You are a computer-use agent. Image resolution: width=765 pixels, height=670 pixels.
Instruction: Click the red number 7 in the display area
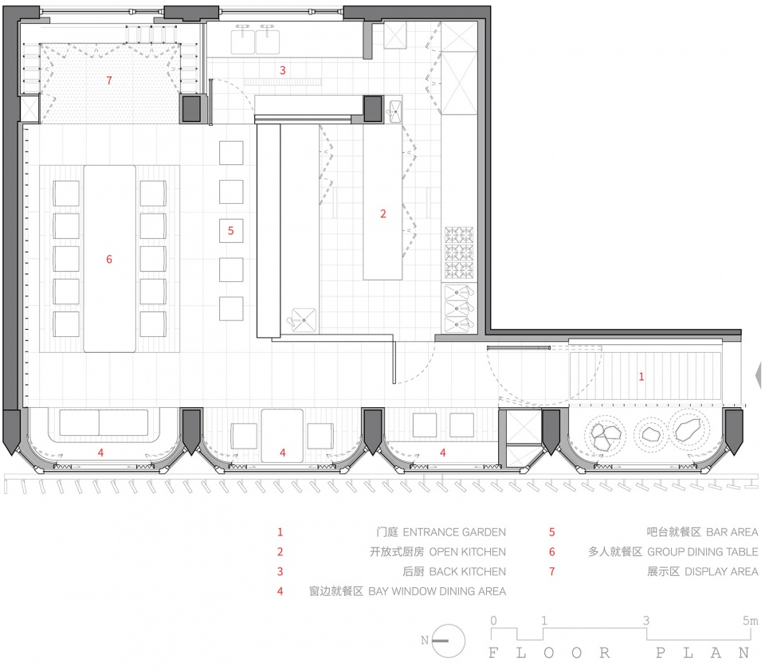click(109, 80)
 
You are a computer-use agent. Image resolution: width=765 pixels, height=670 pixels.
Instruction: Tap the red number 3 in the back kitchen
click(282, 70)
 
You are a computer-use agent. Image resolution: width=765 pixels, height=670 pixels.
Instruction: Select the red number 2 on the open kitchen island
click(383, 214)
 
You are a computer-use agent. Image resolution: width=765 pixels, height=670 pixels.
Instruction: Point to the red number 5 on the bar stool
click(231, 231)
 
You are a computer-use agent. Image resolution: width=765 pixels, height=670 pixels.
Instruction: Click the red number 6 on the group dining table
click(109, 259)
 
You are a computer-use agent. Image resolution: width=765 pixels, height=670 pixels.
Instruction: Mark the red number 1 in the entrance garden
click(641, 377)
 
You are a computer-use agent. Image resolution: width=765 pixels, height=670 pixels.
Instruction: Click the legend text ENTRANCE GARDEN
click(454, 532)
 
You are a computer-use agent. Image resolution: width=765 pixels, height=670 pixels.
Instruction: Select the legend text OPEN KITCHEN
click(468, 552)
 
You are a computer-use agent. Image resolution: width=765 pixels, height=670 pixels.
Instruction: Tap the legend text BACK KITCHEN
click(468, 571)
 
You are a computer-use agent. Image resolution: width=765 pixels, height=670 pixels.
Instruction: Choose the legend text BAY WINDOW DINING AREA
click(437, 591)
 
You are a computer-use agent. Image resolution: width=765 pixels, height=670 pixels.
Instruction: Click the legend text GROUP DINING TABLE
click(703, 552)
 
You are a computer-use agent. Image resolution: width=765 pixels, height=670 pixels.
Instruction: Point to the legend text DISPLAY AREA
click(721, 571)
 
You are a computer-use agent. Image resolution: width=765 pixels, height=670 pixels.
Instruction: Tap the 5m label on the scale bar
click(751, 621)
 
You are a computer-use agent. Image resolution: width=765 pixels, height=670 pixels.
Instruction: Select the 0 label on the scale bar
click(494, 621)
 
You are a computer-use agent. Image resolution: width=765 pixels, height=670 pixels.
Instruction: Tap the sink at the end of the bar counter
click(304, 320)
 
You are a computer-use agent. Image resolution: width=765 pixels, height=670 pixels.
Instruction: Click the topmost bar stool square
click(231, 153)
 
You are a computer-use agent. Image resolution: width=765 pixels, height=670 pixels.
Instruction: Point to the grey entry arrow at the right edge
click(758, 375)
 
